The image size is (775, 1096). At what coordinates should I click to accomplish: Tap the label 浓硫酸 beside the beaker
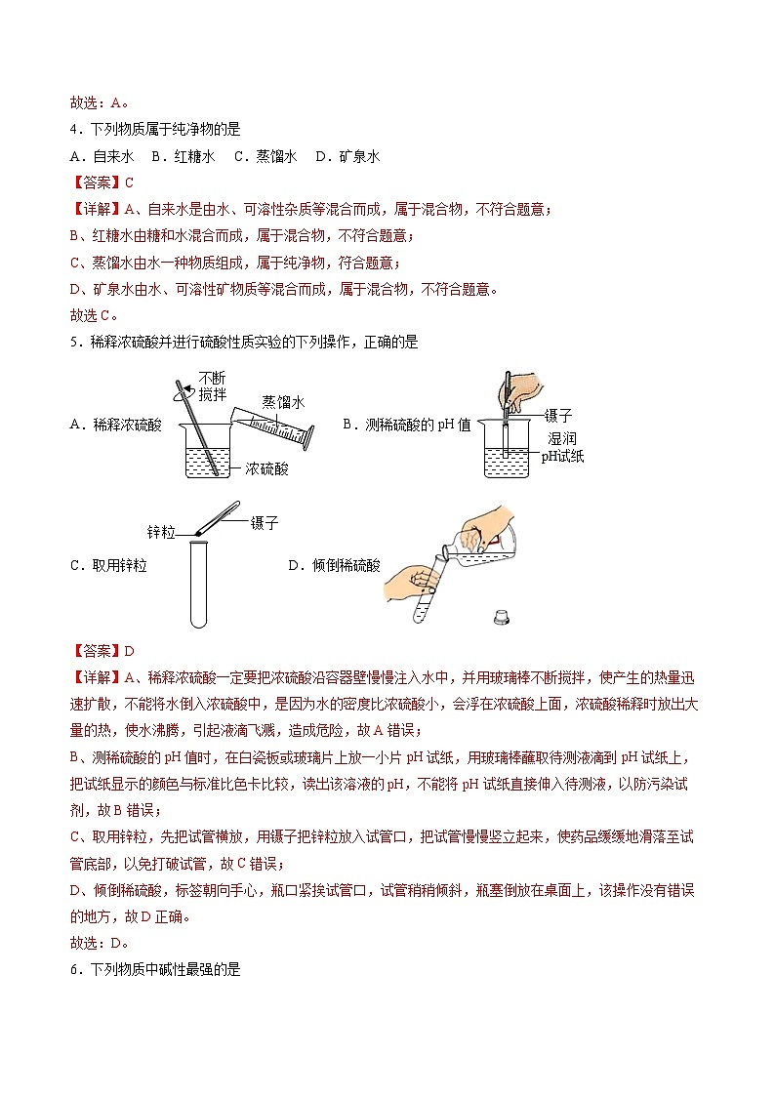(266, 468)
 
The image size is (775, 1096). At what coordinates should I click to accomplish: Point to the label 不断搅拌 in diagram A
(214, 386)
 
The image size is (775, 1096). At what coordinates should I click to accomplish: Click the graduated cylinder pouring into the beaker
(273, 426)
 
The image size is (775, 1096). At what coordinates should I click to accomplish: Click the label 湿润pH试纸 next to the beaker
(561, 448)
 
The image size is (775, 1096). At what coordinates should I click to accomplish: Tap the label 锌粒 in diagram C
(161, 532)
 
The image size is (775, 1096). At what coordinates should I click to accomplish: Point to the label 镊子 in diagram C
(265, 523)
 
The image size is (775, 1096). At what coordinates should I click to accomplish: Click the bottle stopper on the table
(503, 616)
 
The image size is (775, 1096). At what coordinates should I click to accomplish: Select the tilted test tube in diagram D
(428, 591)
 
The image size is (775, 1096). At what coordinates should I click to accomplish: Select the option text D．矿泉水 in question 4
(347, 156)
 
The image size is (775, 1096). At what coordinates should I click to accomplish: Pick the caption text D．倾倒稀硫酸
(334, 565)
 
